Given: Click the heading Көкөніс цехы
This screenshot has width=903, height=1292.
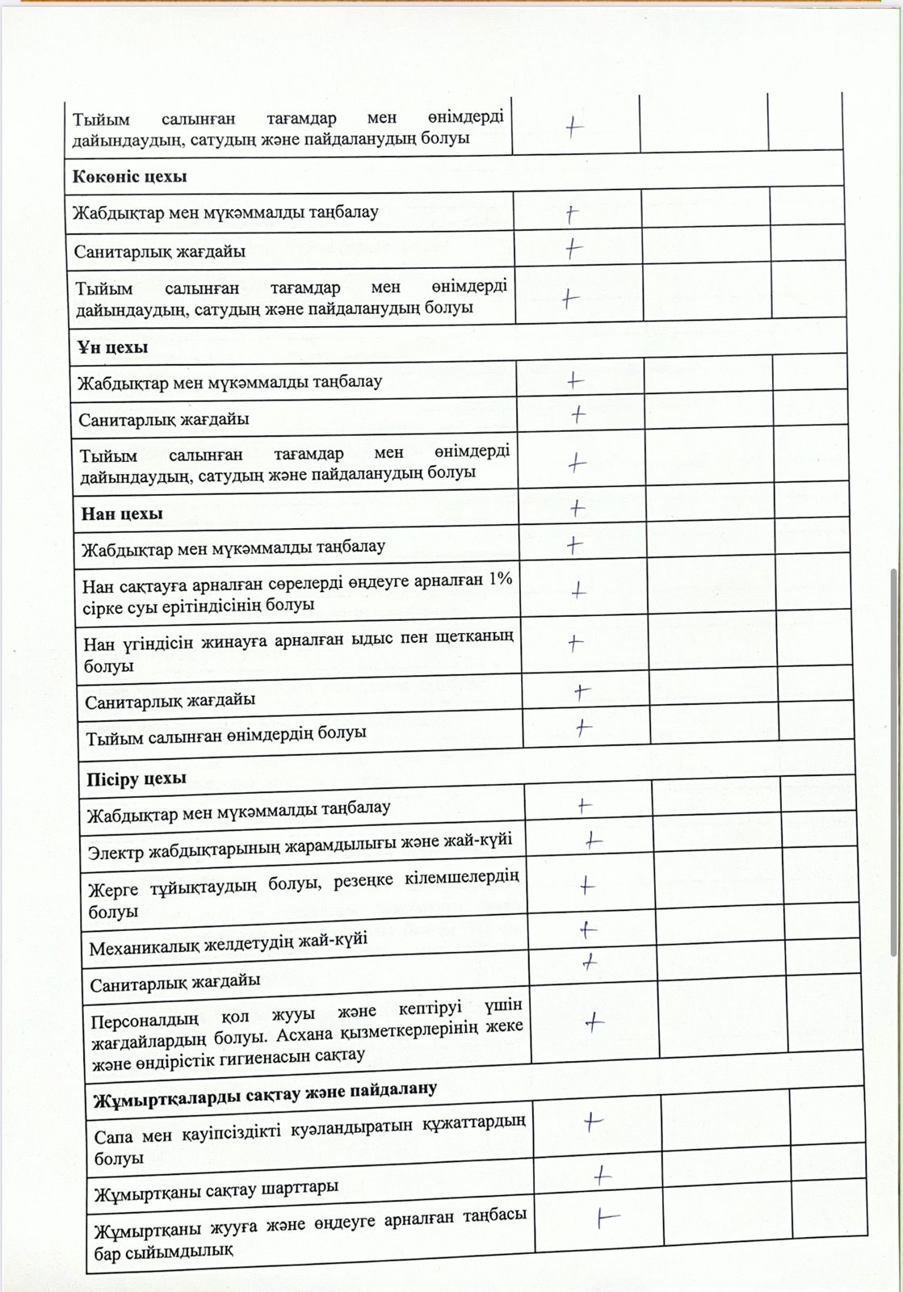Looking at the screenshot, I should [129, 177].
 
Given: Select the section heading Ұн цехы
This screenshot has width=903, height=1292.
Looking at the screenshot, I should [112, 347].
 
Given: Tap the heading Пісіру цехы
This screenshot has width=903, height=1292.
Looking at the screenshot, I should [136, 778].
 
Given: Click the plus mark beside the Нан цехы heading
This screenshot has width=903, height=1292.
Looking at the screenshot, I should [577, 508].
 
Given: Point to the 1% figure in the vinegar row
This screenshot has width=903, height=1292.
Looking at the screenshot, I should [500, 580].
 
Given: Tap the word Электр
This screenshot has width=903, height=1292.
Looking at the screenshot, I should [116, 853].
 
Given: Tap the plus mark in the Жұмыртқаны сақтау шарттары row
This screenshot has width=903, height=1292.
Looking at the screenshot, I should [602, 1177].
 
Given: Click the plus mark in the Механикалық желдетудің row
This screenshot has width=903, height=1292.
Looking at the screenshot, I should [588, 930].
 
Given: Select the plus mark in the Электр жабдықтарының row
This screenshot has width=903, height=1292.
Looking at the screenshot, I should [594, 841].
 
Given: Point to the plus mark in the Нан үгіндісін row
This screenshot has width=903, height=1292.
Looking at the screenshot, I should [575, 643].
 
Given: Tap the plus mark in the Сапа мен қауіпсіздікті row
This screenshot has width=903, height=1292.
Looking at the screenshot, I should [594, 1122].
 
